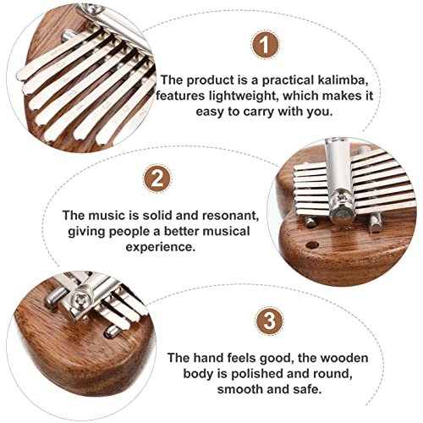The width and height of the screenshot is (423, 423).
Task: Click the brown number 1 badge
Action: coord(265,45)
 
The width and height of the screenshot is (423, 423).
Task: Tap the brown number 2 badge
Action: coord(157,179)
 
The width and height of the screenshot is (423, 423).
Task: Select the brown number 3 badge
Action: coord(269,321)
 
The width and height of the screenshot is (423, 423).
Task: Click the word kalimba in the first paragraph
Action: coord(343,80)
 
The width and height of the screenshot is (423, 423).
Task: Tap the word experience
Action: coord(160,248)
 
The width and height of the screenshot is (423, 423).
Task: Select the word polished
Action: coord(257,374)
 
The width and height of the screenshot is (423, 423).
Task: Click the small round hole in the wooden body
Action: coord(312,244)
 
